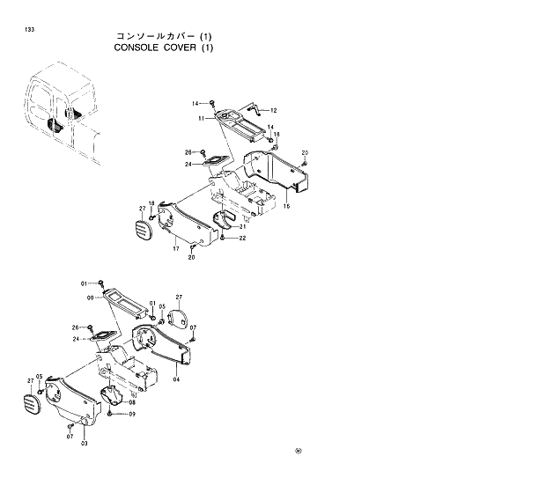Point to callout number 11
[x=201, y=118]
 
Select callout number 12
[x=273, y=111]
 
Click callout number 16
[x=286, y=206]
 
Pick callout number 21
[x=242, y=226]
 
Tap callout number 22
[x=243, y=238]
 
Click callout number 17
[x=176, y=249]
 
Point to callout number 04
[x=176, y=379]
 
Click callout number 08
[x=132, y=402]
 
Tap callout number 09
[x=132, y=414]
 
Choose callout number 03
[x=85, y=443]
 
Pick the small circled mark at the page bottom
[x=298, y=454]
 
